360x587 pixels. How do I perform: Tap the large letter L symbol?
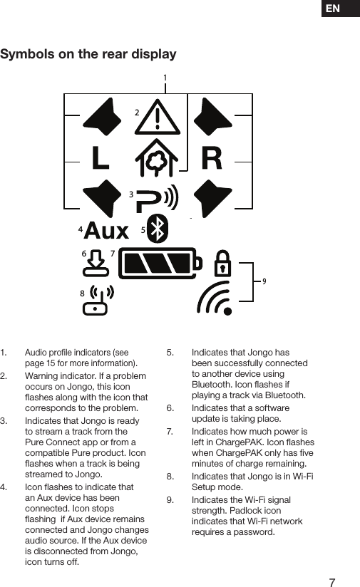click(101, 157)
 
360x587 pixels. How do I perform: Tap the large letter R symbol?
click(212, 157)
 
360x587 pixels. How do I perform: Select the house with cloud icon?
click(158, 157)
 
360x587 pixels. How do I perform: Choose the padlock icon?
click(223, 264)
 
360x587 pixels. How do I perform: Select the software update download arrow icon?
click(97, 265)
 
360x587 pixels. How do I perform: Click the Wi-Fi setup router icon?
click(98, 301)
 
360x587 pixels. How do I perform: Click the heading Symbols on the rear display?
click(88, 55)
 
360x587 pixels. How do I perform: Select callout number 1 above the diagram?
click(165, 77)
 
